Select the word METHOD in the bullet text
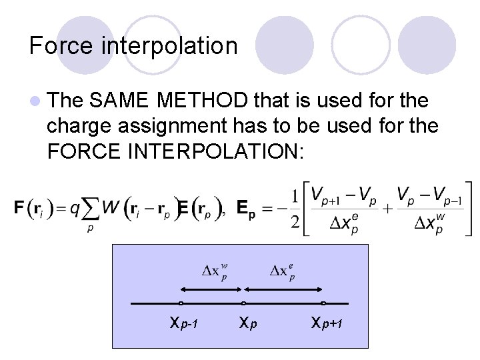point(203,101)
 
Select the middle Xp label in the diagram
point(248,324)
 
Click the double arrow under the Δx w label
point(212,289)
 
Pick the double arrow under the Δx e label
point(285,289)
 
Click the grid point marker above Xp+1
point(323,303)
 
